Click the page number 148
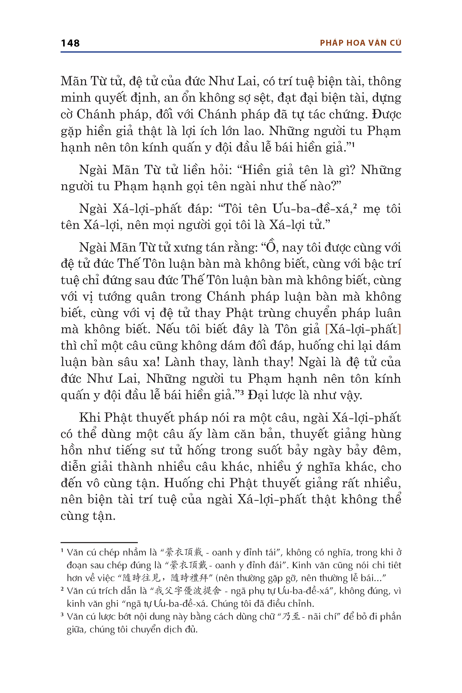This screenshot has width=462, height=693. pos(70,43)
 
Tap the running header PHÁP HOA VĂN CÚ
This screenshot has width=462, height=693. pos(360,43)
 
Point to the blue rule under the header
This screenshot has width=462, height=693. pos(231,52)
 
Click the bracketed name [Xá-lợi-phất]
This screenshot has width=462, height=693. pos(363,329)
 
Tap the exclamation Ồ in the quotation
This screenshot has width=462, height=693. pos(271,247)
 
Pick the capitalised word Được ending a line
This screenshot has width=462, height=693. pos(386,114)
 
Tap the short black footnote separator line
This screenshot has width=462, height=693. pos(99,542)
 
